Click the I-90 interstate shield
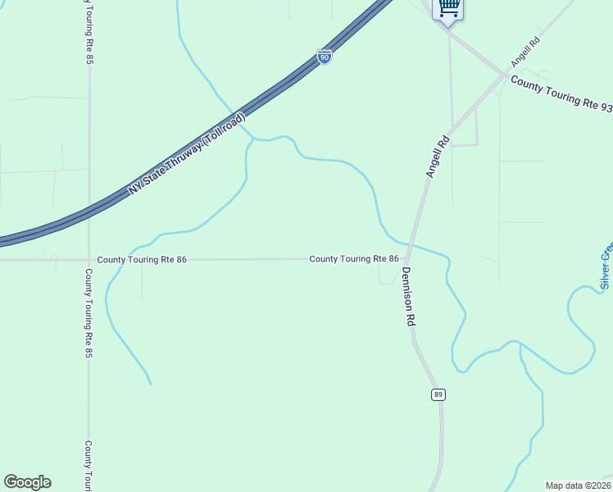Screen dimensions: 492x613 pyautogui.click(x=325, y=58)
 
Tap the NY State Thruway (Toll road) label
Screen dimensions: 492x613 pyautogui.click(x=187, y=153)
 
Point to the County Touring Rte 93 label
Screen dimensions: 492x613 pyautogui.click(x=561, y=94)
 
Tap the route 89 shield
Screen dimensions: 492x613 pyautogui.click(x=439, y=395)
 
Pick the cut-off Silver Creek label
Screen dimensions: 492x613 pyautogui.click(x=606, y=266)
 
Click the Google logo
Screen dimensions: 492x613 pyautogui.click(x=27, y=482)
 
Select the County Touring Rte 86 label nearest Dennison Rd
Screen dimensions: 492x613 pyautogui.click(x=354, y=259)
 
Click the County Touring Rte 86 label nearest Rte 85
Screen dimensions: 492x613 pyautogui.click(x=142, y=260)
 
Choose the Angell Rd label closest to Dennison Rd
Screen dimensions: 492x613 pyautogui.click(x=438, y=156)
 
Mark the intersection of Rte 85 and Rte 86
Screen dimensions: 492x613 pyautogui.click(x=89, y=260)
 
